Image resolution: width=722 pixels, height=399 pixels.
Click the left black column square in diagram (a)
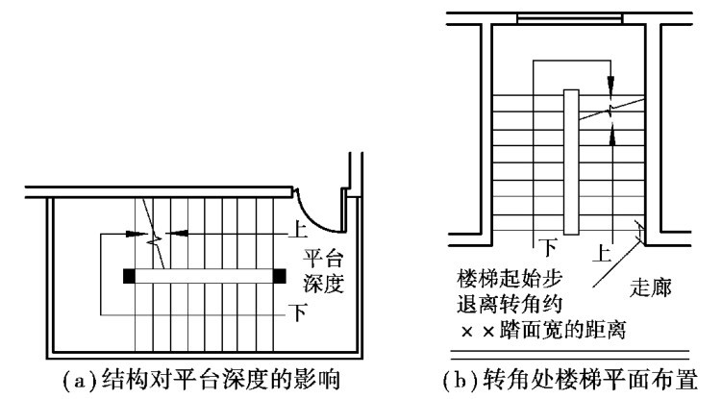129,277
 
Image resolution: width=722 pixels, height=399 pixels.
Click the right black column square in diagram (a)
280,277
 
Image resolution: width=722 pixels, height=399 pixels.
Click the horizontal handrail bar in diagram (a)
204,277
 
